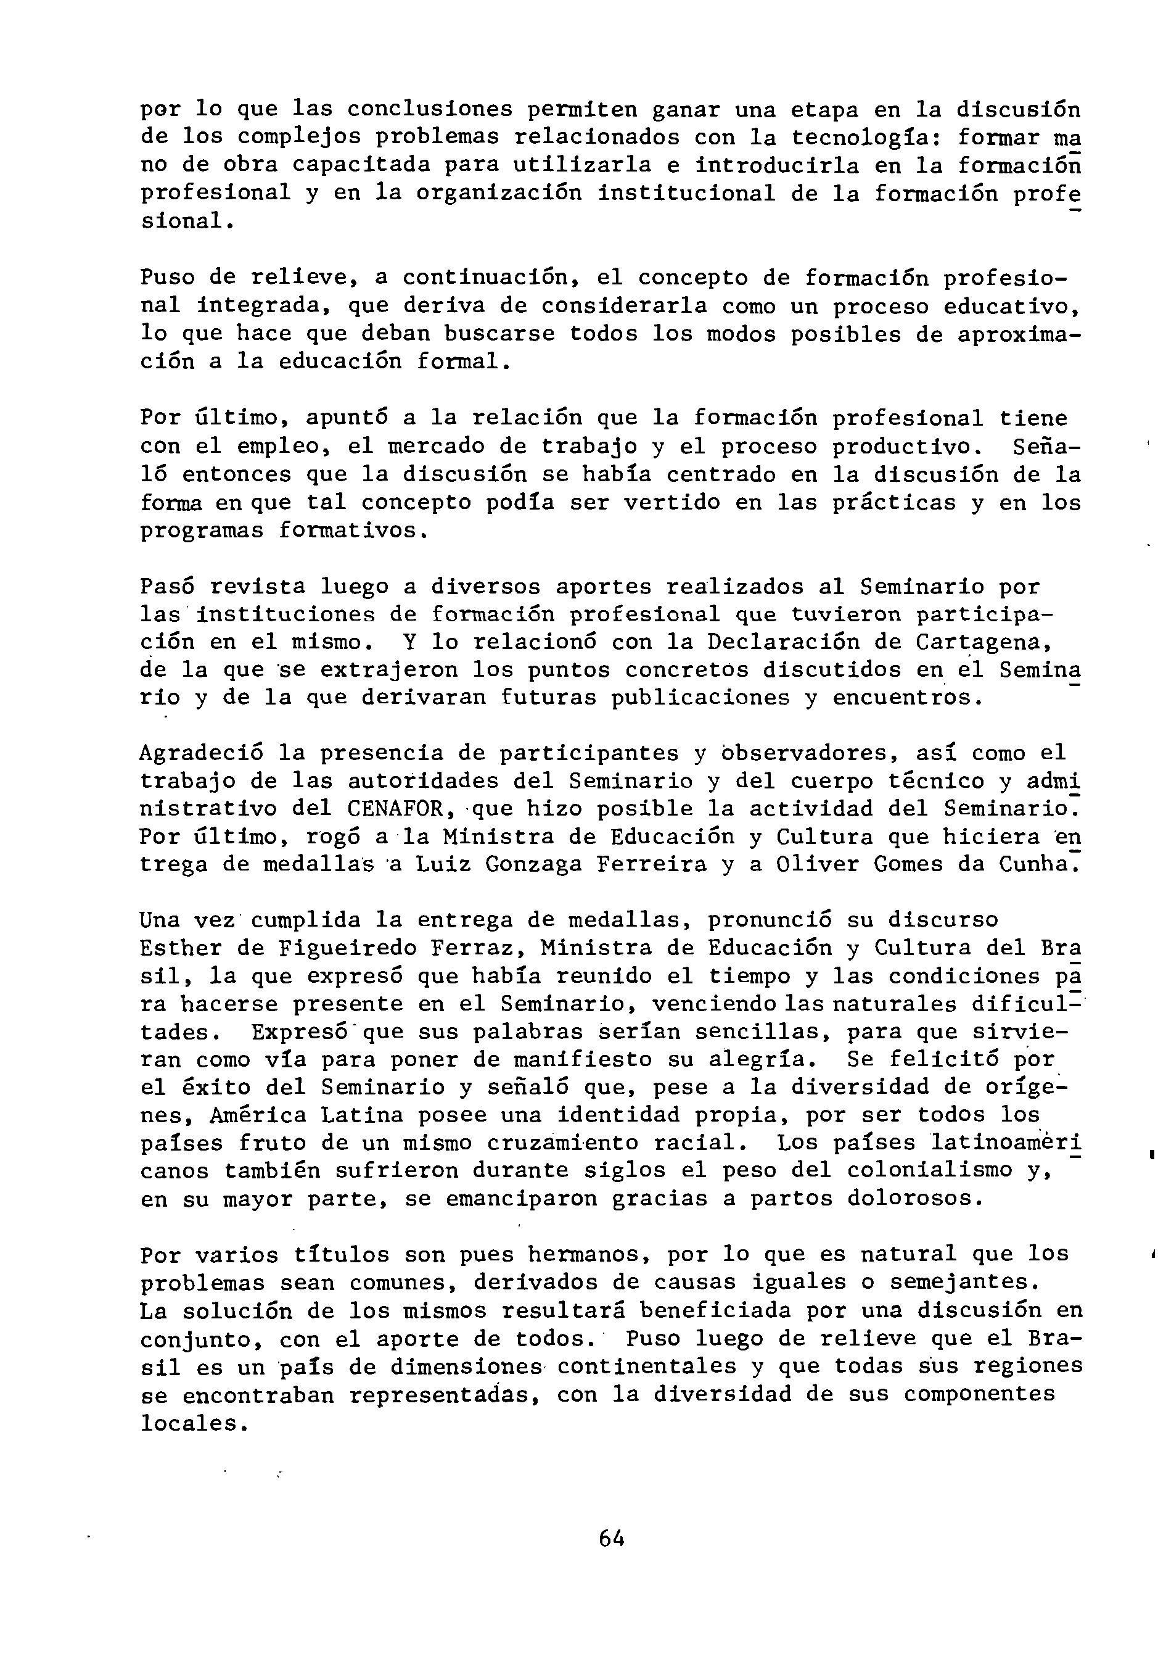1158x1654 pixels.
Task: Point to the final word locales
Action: [x=188, y=1423]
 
